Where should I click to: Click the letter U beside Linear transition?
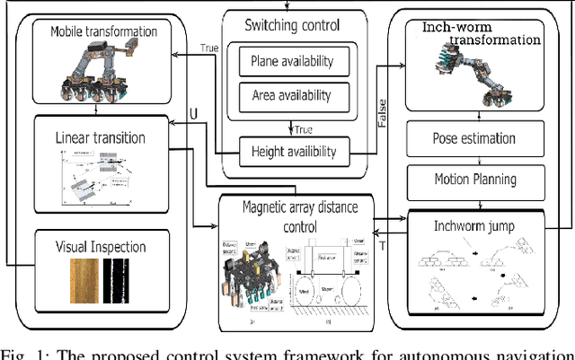(191, 115)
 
